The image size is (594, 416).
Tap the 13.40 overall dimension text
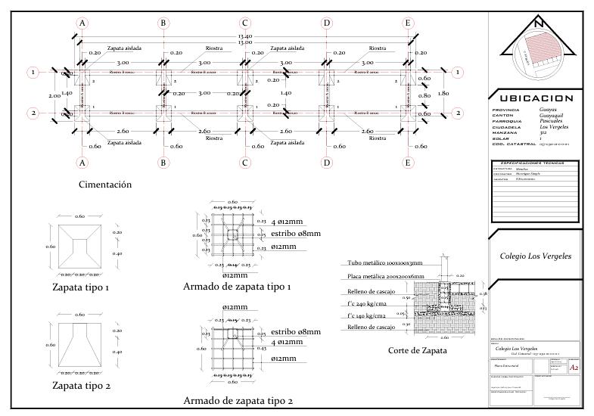(x=245, y=36)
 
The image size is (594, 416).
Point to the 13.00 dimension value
(x=245, y=42)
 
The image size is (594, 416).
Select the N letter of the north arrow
(x=538, y=24)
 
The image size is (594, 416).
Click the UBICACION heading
(x=536, y=98)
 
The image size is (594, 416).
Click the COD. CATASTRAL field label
(x=511, y=144)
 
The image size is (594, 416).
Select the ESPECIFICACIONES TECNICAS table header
(x=536, y=163)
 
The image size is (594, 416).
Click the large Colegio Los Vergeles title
(x=536, y=256)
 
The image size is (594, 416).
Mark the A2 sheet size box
(x=575, y=368)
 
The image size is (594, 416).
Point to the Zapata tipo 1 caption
(x=81, y=287)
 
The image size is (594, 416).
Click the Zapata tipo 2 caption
(x=81, y=386)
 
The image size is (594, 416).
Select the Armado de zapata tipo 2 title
(x=238, y=401)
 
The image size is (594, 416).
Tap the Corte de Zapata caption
(x=417, y=350)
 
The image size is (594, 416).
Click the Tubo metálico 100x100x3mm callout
(x=385, y=263)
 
